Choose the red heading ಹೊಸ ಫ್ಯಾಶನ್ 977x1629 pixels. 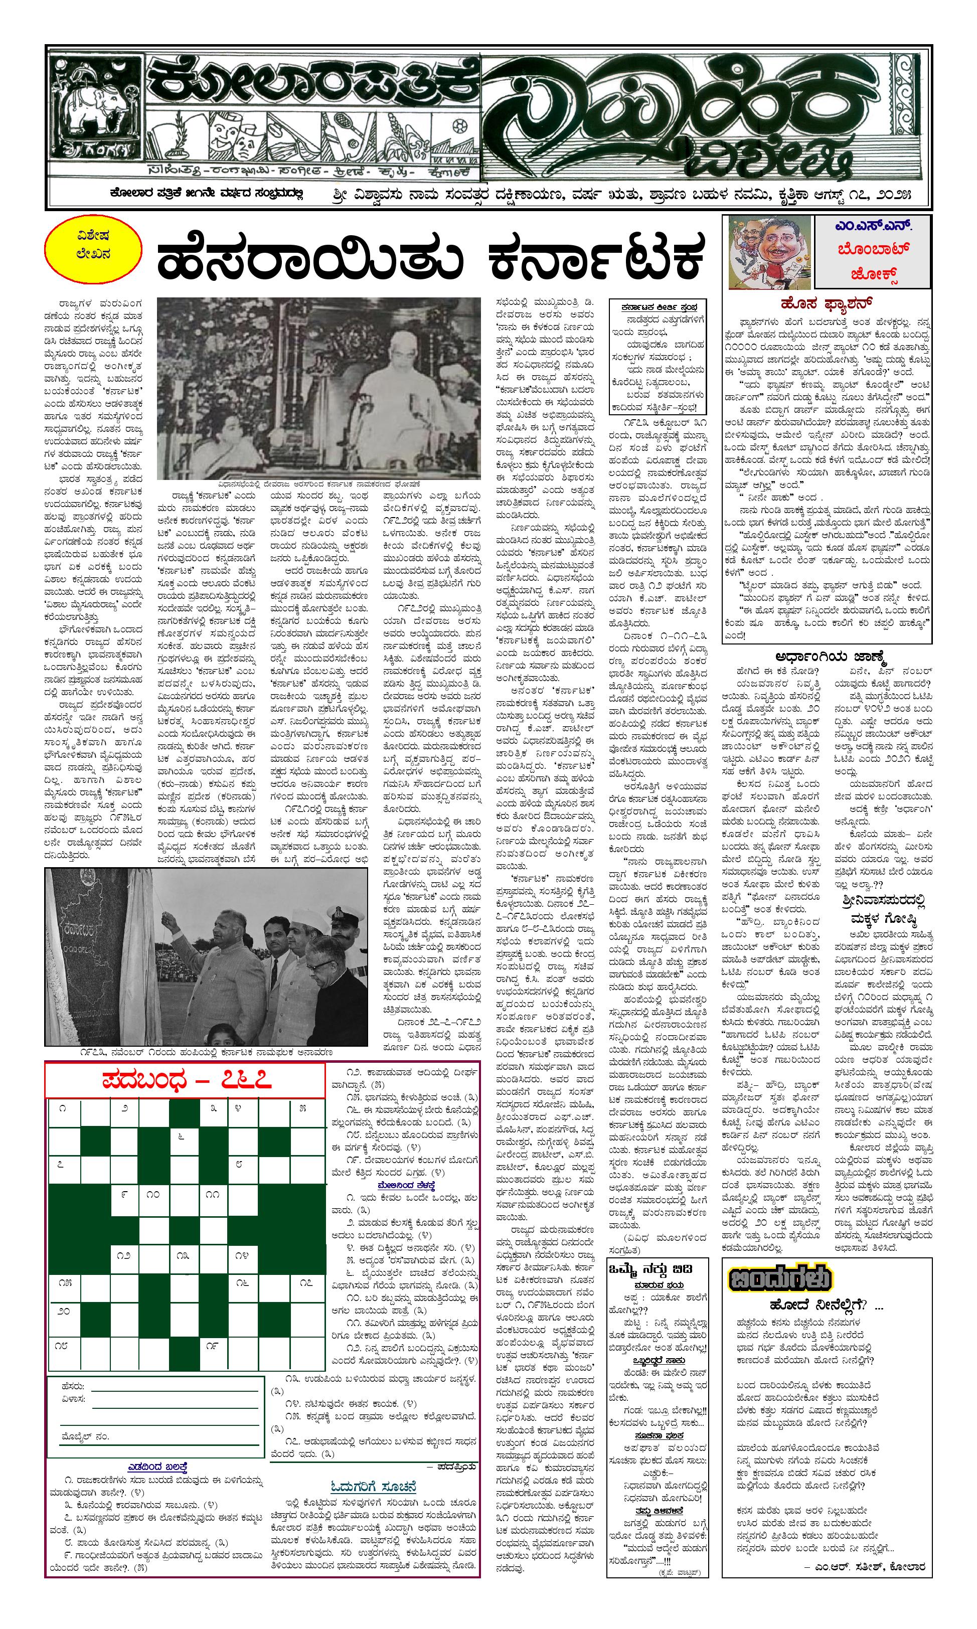click(x=826, y=303)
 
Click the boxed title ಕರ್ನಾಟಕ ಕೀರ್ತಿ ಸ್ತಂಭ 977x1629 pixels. click(x=659, y=307)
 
